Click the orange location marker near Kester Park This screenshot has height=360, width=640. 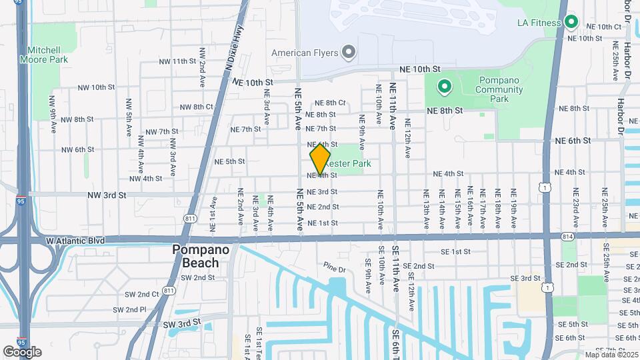click(320, 159)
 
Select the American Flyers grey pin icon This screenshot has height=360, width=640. click(348, 52)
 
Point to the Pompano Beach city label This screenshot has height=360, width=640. click(201, 256)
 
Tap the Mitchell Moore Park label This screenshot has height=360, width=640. click(47, 55)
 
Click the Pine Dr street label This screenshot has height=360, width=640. click(334, 269)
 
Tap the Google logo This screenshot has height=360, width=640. click(22, 351)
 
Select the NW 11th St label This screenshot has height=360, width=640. click(173, 61)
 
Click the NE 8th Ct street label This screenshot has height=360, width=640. click(331, 103)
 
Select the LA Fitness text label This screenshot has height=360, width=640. click(539, 23)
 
